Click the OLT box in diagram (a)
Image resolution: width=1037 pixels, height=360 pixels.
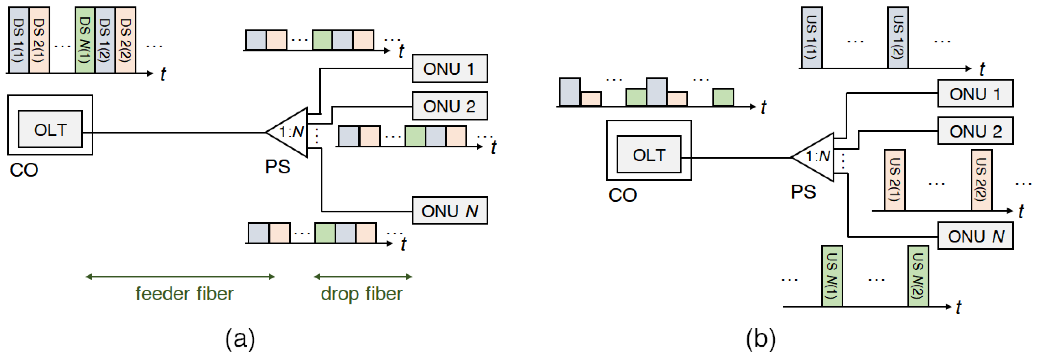click(x=50, y=129)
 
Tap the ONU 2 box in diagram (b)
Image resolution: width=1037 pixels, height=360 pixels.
click(x=975, y=131)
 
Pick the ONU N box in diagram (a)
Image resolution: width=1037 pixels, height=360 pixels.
click(x=449, y=211)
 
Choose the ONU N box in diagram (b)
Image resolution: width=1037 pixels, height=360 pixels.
click(x=975, y=236)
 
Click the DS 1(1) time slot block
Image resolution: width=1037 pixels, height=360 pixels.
click(x=19, y=40)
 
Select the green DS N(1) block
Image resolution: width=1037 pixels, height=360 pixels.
click(x=85, y=40)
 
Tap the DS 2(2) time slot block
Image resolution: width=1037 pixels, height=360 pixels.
click(x=126, y=40)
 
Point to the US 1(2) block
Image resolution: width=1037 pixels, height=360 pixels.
click(x=898, y=37)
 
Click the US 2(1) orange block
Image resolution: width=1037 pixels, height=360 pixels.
click(x=894, y=180)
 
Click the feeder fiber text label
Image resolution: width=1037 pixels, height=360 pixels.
click(x=184, y=294)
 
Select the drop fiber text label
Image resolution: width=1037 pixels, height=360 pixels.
click(x=362, y=294)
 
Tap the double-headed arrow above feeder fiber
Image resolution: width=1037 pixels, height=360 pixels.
click(x=180, y=277)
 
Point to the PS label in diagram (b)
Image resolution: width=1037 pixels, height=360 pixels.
click(x=803, y=192)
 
